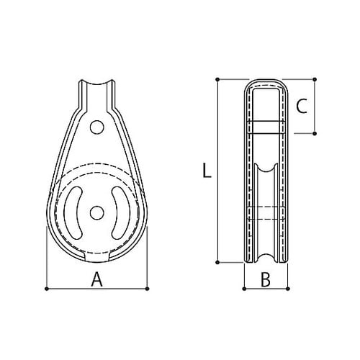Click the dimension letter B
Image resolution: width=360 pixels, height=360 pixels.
coord(265,280)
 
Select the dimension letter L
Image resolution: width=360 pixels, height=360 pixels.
coord(206,171)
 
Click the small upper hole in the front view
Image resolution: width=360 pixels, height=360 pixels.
coord(96,127)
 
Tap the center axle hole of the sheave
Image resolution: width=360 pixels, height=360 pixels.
coord(96,212)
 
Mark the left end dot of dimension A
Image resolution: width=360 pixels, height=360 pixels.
coord(47,289)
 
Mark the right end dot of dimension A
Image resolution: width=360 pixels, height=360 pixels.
coord(149,289)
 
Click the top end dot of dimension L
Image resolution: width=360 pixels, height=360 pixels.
coord(217,78)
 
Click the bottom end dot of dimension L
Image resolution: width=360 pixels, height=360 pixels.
coord(217,264)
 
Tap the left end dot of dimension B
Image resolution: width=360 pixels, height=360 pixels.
coord(243,289)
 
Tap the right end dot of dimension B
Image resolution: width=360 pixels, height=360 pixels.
coord(287,289)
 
